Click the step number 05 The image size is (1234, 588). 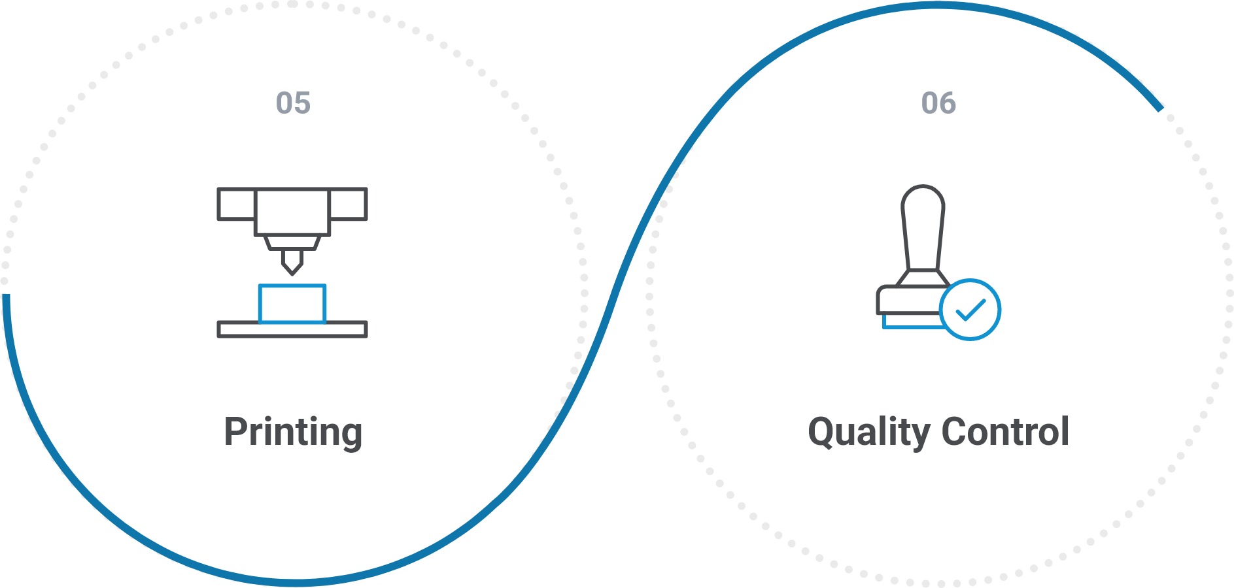[293, 103]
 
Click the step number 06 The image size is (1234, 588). [938, 103]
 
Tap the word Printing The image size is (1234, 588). [293, 432]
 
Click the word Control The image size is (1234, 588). [1005, 432]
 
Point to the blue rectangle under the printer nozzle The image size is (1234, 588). [292, 304]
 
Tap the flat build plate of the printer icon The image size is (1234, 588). [292, 329]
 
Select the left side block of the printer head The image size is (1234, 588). [235, 204]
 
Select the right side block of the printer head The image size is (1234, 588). [349, 204]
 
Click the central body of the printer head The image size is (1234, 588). [292, 211]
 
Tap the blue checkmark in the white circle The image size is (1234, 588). [970, 310]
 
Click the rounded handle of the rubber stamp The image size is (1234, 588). [923, 222]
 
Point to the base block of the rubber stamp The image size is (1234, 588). [909, 301]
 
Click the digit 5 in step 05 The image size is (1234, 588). [301, 103]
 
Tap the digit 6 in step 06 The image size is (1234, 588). [948, 103]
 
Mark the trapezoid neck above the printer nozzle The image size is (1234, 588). [292, 243]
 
